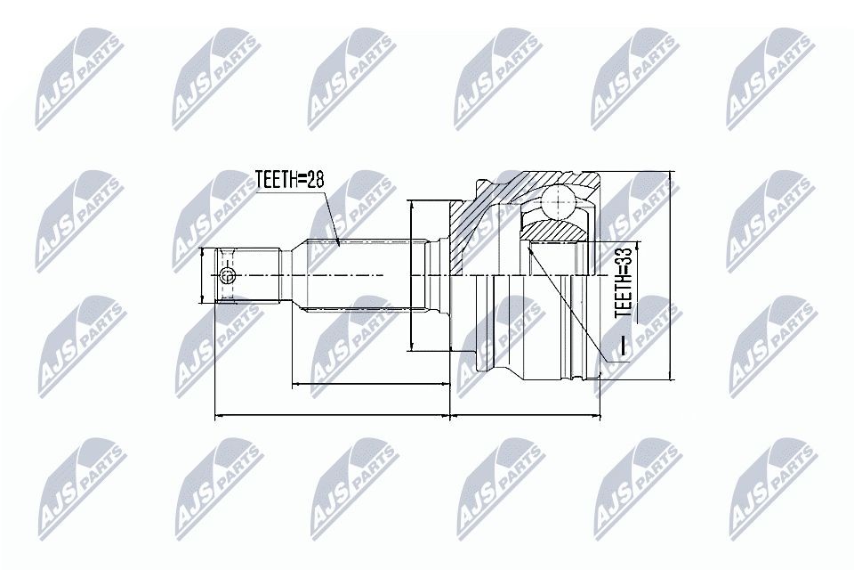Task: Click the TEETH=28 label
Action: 290,180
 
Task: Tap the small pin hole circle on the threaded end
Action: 227,277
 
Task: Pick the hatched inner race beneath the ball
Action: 553,231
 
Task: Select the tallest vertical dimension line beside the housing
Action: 671,276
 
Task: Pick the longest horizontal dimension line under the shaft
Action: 334,416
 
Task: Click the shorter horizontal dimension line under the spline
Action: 369,386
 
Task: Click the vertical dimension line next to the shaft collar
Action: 412,276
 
